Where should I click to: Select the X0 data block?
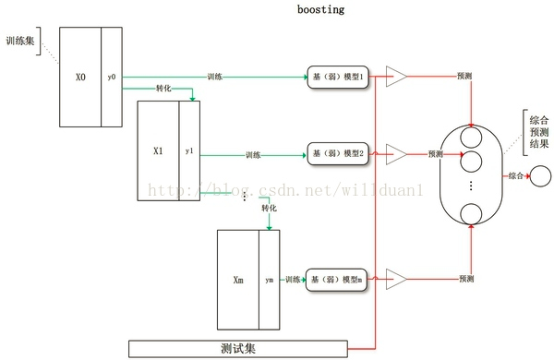(x=80, y=78)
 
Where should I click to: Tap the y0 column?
(x=112, y=78)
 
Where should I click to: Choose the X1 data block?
(x=158, y=150)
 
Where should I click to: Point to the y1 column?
(x=189, y=150)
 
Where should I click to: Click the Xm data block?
(x=238, y=279)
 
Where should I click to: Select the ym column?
(x=269, y=279)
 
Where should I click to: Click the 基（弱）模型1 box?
(x=338, y=78)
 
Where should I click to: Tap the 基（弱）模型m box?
(x=338, y=278)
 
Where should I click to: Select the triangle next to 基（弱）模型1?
(x=396, y=78)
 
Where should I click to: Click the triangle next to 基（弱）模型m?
(x=396, y=278)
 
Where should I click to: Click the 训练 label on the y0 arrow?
(x=214, y=77)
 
